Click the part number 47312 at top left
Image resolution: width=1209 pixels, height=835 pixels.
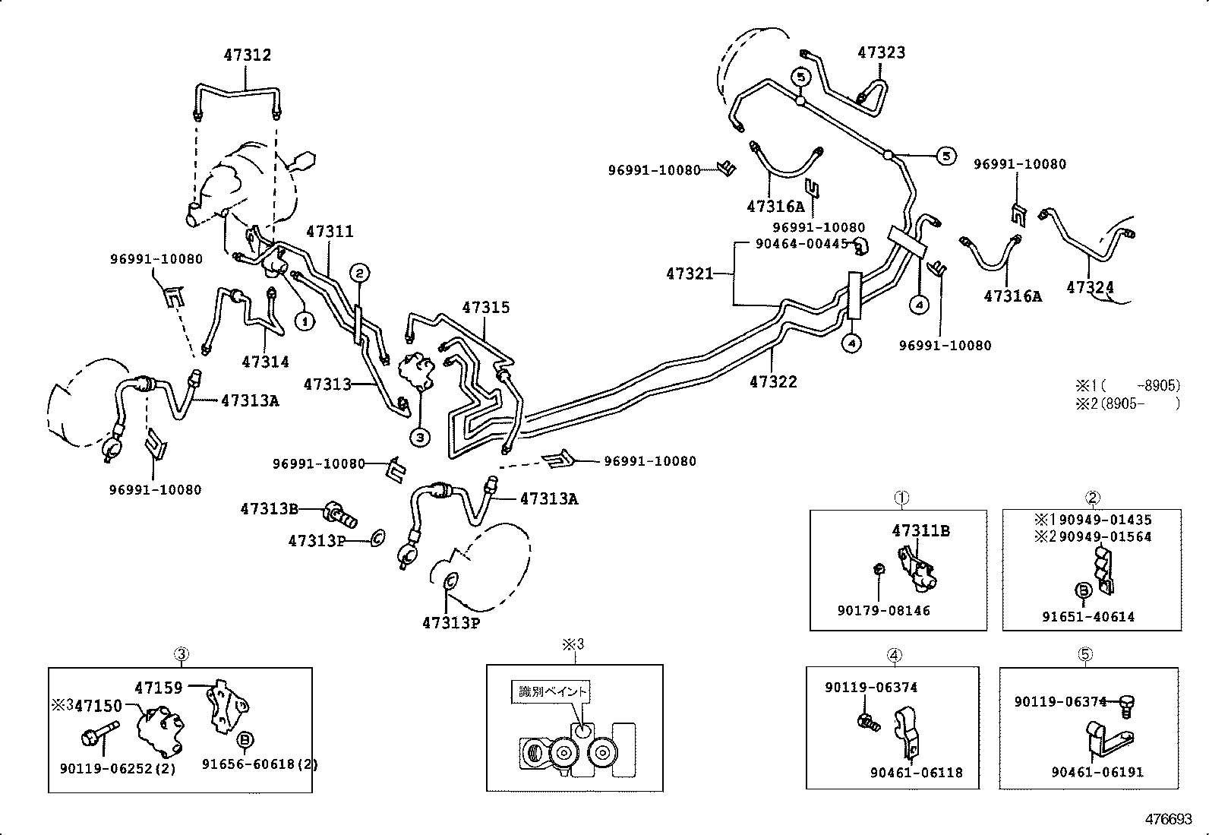247,55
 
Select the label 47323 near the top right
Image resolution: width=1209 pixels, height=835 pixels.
881,52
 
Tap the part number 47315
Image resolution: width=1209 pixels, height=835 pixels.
486,308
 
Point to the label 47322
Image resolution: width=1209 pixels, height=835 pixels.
773,382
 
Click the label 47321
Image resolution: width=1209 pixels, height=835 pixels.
690,274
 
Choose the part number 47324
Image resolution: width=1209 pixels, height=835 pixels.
1090,287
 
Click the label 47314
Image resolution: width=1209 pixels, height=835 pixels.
266,362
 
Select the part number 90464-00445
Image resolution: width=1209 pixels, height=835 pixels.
801,243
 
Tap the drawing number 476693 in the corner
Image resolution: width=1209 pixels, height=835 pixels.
1169,820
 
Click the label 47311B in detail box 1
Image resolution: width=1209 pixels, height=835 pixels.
920,530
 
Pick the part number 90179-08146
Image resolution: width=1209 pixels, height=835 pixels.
883,610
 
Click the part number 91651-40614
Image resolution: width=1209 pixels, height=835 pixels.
1087,617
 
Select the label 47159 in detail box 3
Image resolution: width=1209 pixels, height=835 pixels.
159,688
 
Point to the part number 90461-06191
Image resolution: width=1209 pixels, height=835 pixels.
1097,772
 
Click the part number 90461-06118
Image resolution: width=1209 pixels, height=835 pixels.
916,772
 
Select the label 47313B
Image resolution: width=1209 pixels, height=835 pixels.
269,509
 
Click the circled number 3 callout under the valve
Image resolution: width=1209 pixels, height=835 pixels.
420,437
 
